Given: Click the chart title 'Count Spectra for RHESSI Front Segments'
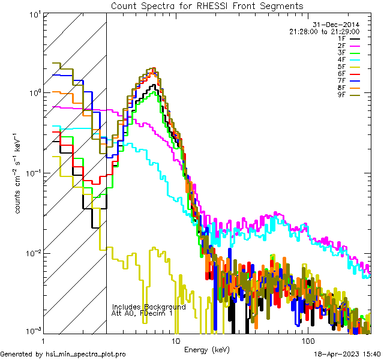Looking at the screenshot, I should [207, 5].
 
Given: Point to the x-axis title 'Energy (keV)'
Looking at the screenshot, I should [207, 349].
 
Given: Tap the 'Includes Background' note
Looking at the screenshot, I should [149, 307].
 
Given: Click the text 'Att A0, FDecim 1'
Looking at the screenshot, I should [142, 313].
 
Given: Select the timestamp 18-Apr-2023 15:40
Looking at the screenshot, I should [347, 355].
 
